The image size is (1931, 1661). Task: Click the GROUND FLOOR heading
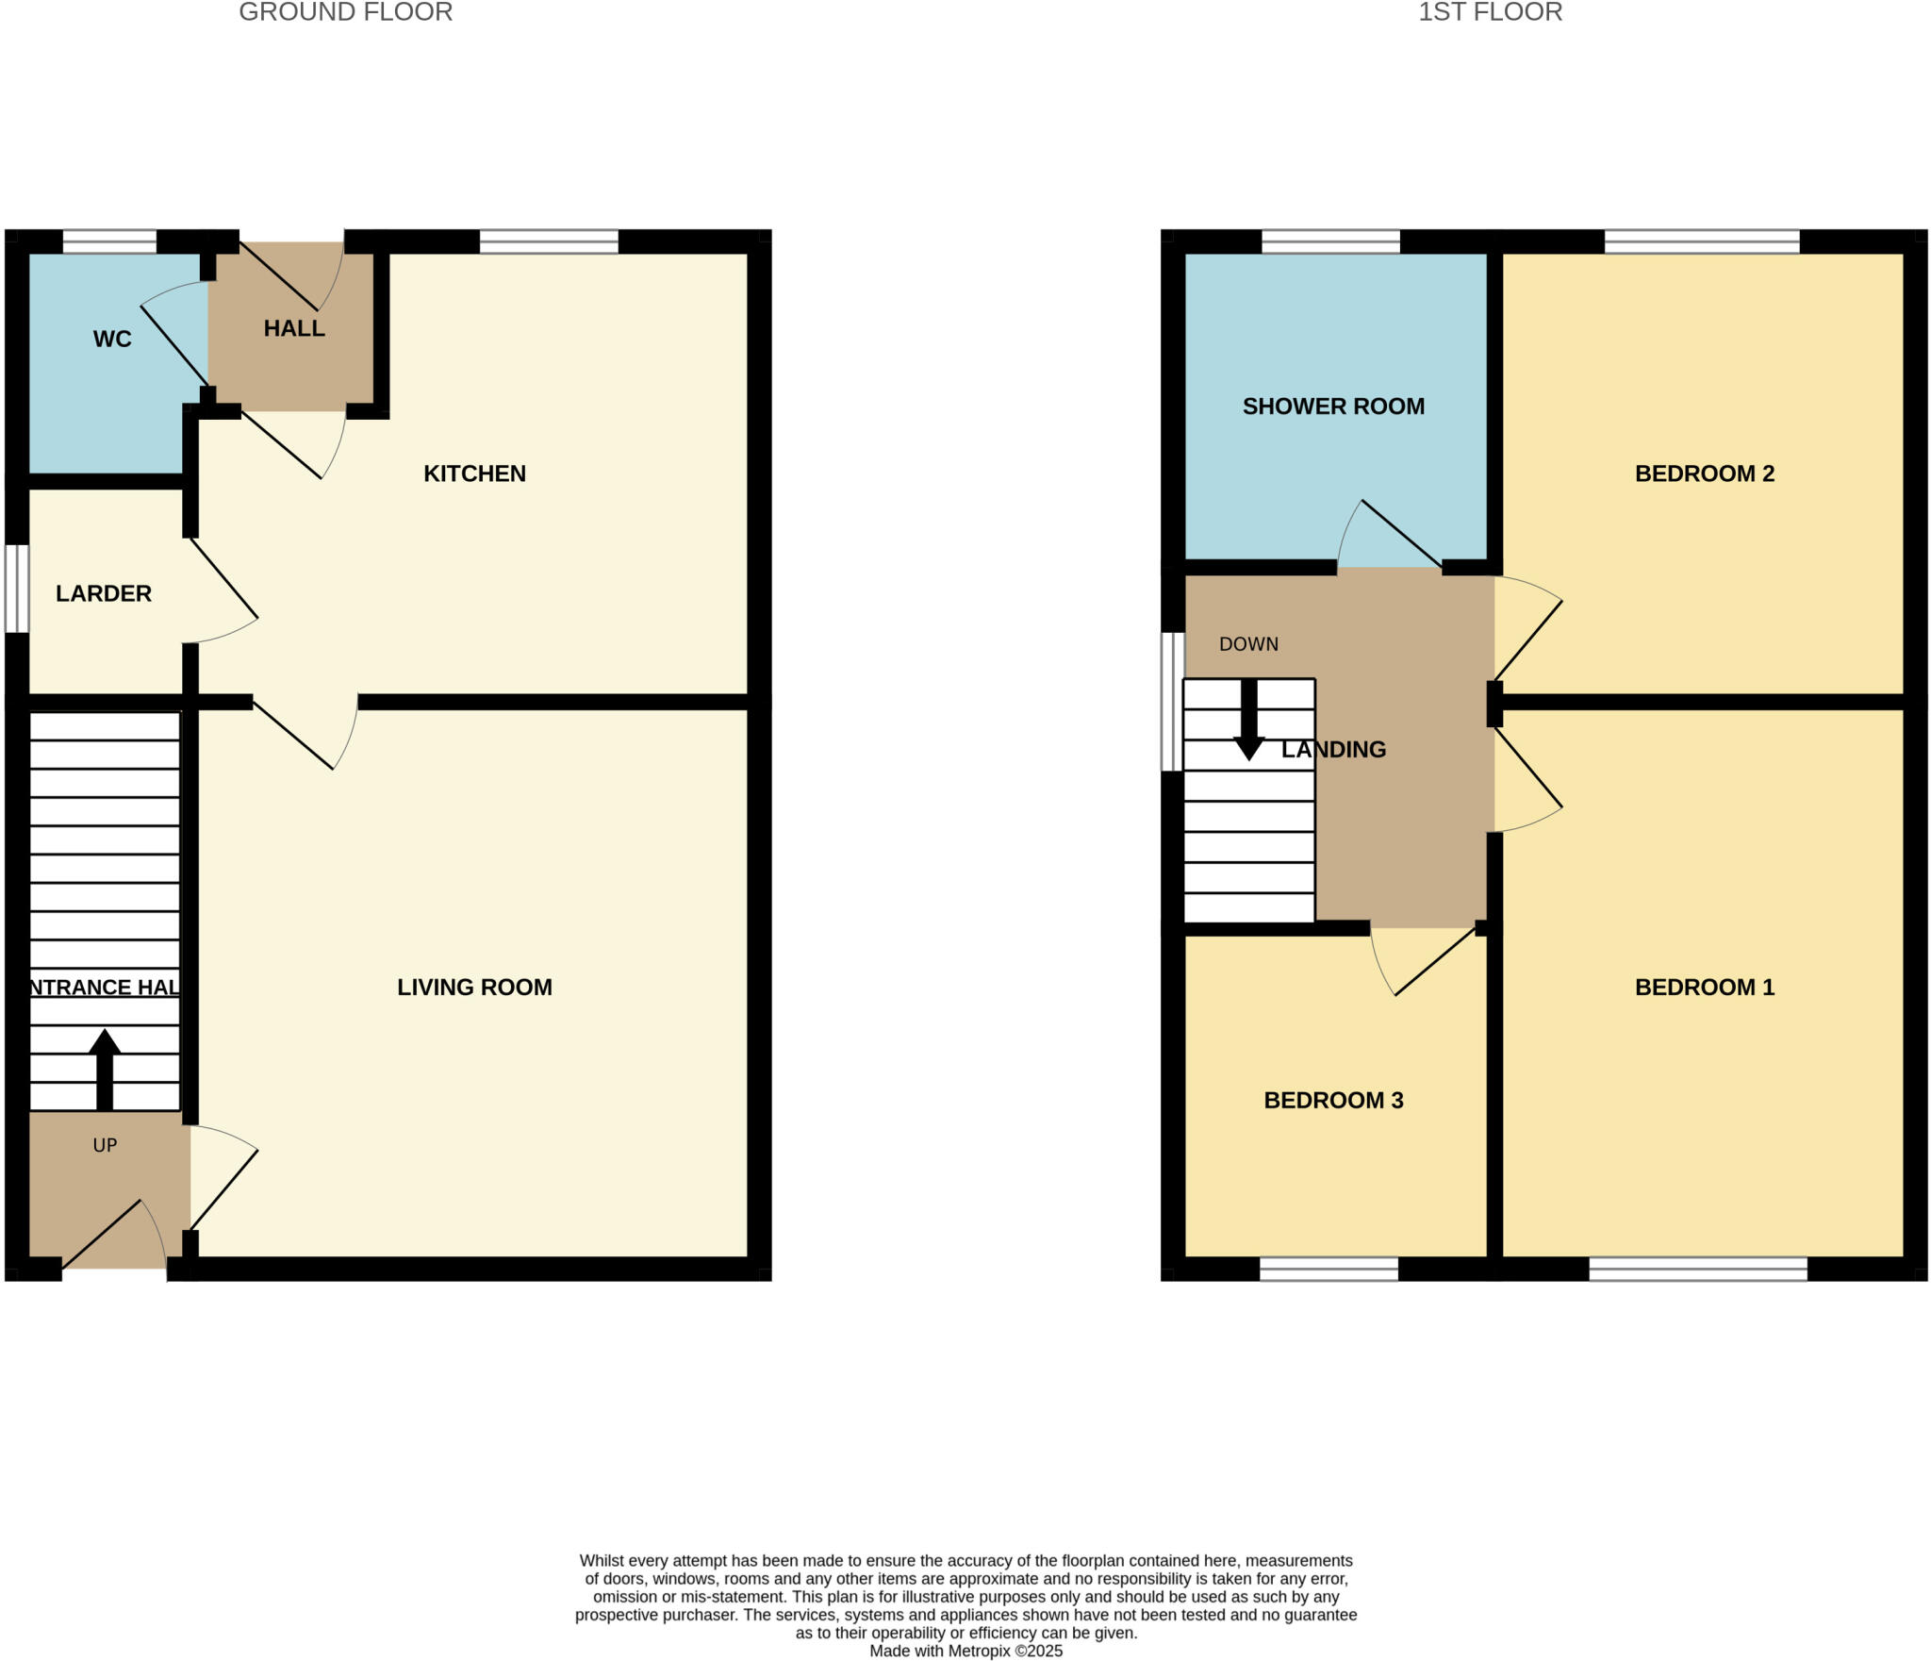click(x=345, y=12)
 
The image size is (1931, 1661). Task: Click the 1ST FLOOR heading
click(x=1490, y=12)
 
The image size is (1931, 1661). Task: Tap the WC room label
click(x=112, y=340)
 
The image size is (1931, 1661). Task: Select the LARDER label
click(x=104, y=593)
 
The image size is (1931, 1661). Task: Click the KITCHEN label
click(x=474, y=473)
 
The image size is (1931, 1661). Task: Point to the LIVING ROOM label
click(x=474, y=987)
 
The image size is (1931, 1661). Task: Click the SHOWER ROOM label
click(x=1332, y=407)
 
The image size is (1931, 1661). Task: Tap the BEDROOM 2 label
click(x=1704, y=473)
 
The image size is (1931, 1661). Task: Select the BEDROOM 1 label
click(x=1704, y=987)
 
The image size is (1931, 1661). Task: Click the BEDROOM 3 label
click(x=1332, y=1100)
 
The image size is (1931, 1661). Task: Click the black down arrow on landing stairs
click(x=1248, y=722)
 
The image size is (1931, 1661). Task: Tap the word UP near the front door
click(x=105, y=1145)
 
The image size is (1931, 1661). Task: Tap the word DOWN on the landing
click(x=1248, y=644)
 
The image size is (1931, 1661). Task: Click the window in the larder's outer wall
click(x=17, y=589)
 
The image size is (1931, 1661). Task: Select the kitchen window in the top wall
click(x=549, y=242)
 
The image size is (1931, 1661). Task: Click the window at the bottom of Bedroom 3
click(x=1329, y=1269)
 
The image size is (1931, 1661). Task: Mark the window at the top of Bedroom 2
click(x=1702, y=242)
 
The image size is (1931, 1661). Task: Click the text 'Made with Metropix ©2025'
click(x=965, y=1651)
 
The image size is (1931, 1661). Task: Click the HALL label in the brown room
click(x=294, y=328)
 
